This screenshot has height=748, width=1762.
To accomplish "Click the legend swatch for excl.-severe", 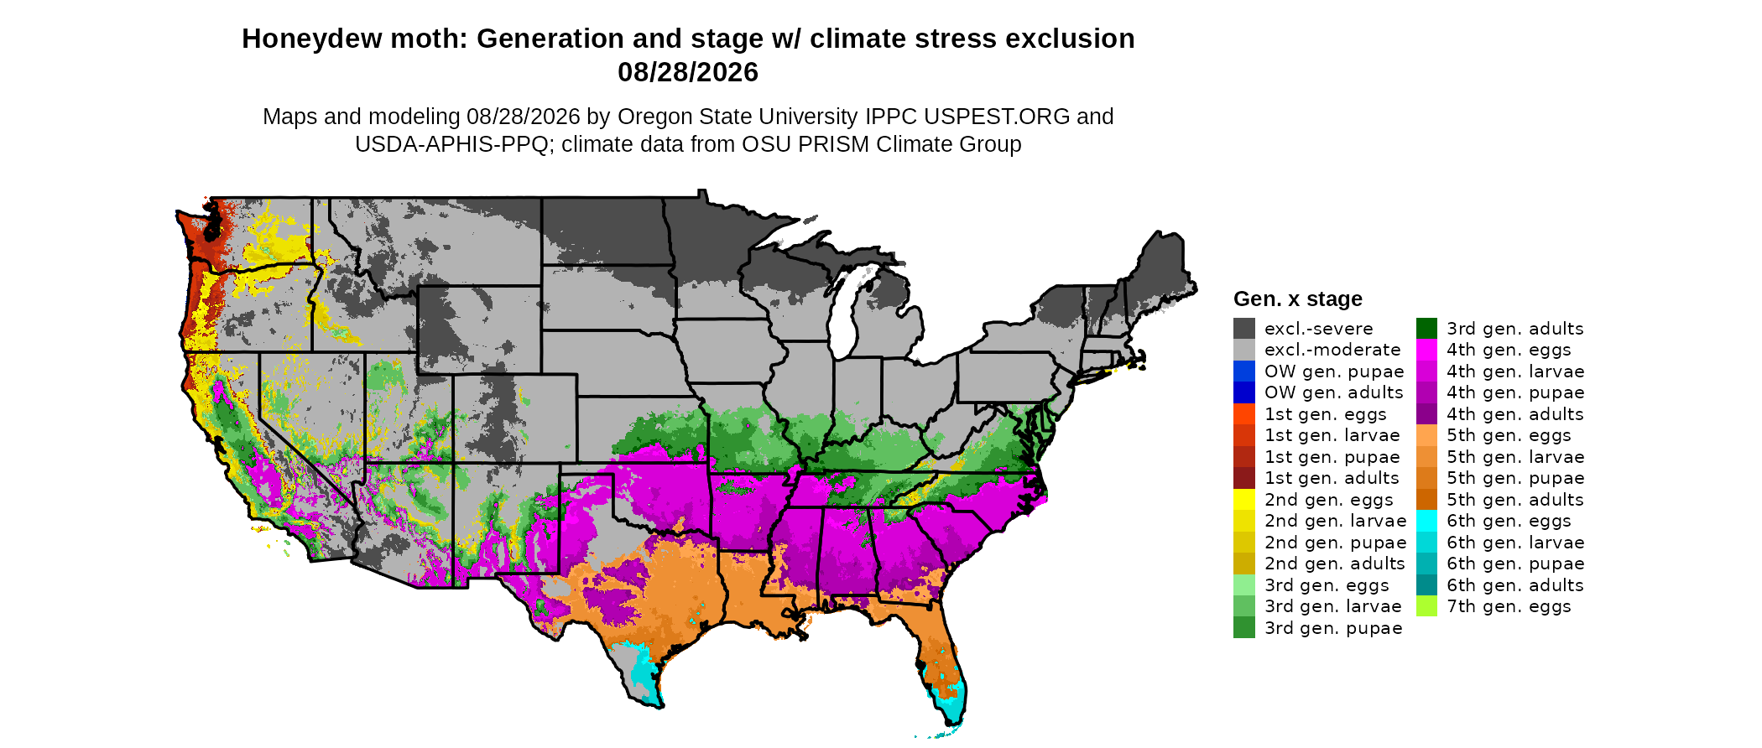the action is click(1244, 328).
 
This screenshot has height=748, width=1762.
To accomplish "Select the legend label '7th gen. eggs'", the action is click(1509, 606).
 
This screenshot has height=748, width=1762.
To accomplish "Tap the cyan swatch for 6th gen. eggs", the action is click(1426, 521).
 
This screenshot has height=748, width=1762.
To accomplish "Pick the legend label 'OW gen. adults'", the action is click(1334, 392).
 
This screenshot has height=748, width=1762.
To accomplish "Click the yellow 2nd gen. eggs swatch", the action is click(1244, 499).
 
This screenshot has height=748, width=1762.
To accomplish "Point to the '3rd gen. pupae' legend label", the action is click(1333, 628).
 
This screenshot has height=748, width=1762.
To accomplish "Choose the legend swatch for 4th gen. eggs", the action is click(1426, 350).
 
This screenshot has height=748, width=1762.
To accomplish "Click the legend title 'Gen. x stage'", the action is click(1298, 299).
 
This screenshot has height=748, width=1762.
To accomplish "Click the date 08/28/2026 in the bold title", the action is click(688, 72).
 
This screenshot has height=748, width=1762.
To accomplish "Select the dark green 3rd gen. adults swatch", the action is click(1426, 328).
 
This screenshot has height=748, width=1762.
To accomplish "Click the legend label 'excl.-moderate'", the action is click(1332, 350).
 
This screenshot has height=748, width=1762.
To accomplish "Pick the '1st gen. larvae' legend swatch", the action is click(1244, 435).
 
